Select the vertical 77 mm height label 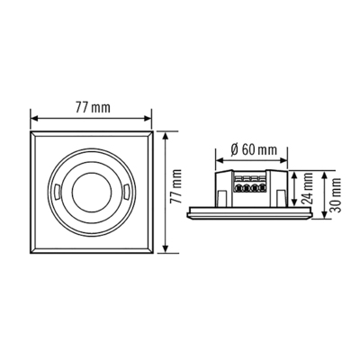pos(176,192)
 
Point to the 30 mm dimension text pos(337,190)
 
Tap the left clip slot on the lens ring pos(55,192)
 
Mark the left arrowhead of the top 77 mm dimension pos(33,118)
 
